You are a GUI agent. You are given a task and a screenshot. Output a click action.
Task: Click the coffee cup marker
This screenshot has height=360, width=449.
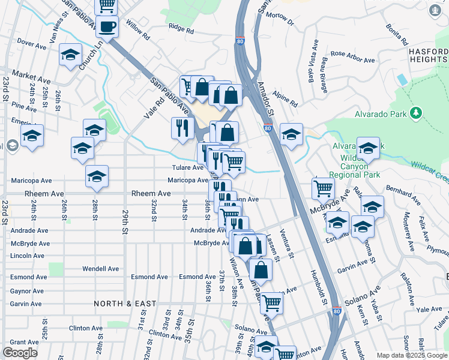pyautogui.click(x=107, y=26)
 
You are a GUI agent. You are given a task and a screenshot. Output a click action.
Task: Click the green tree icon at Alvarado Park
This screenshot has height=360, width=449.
pyautogui.click(x=415, y=113)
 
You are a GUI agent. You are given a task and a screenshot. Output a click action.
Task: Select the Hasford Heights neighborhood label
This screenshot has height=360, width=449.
pyautogui.click(x=428, y=56)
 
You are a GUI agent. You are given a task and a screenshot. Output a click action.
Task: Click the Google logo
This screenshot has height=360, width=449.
pyautogui.click(x=20, y=353)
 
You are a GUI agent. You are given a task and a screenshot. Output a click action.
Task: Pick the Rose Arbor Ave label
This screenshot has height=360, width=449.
pyautogui.click(x=352, y=57)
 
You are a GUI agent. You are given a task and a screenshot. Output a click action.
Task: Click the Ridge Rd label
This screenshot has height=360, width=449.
pyautogui.click(x=181, y=28)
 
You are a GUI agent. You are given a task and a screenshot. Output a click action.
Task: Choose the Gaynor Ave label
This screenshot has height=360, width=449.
pyautogui.click(x=26, y=291)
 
